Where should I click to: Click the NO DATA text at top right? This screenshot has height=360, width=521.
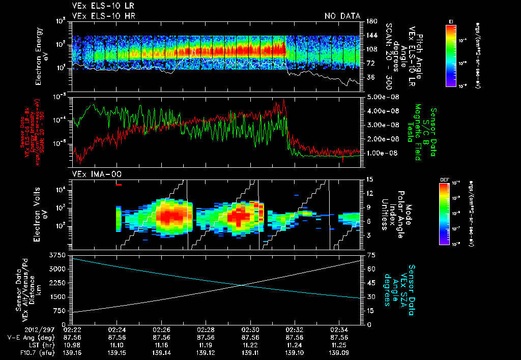pyautogui.click(x=342, y=16)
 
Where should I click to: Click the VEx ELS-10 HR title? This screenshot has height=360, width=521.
pyautogui.click(x=99, y=16)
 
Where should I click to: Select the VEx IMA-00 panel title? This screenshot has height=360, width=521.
pyautogui.click(x=92, y=174)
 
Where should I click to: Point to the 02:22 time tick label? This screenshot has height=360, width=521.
pyautogui.click(x=73, y=329)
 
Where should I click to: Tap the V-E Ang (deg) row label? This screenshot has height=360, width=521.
pyautogui.click(x=28, y=337)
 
